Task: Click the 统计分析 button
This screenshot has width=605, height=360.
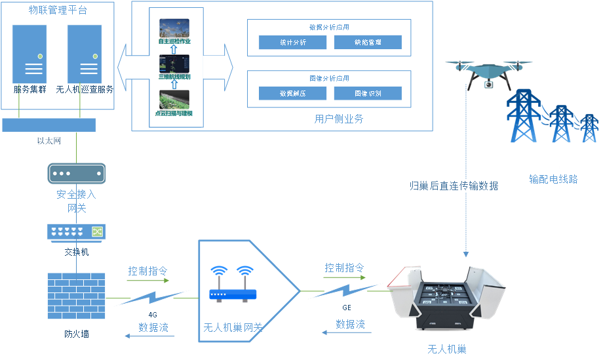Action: (x=292, y=43)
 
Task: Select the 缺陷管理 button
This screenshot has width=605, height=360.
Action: (x=368, y=43)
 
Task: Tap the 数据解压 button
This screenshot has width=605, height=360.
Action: (x=292, y=94)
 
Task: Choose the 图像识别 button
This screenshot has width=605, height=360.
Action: (x=368, y=94)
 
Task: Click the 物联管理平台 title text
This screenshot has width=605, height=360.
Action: (x=58, y=10)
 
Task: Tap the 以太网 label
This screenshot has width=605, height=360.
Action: (x=49, y=141)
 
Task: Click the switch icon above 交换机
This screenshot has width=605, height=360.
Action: (x=77, y=232)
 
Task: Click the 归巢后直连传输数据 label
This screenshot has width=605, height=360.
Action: (x=454, y=186)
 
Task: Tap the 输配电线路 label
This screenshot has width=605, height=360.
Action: (x=554, y=178)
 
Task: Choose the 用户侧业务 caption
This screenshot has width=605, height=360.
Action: (x=339, y=119)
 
